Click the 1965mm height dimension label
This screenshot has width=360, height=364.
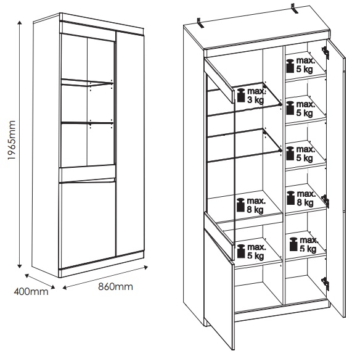pos(11,140)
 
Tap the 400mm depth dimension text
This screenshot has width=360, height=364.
pos(31,292)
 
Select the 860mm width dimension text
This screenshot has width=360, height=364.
pos(115,287)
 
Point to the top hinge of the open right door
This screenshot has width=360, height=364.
pos(325,53)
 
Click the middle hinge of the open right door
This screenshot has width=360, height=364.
pos(325,201)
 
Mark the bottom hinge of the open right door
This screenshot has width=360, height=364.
pos(325,284)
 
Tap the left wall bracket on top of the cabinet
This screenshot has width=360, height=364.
pos(200,23)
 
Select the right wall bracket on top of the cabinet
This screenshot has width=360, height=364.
pos(295,9)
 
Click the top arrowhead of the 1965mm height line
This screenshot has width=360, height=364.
pos(20,22)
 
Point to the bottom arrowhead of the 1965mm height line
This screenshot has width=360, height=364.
pos(20,266)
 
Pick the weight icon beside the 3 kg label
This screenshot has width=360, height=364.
pos(241,96)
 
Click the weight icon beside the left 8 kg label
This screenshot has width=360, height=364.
pos(240,205)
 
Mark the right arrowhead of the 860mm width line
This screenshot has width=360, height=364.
pos(146,267)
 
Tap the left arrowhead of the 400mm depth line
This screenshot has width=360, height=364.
pos(27,276)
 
